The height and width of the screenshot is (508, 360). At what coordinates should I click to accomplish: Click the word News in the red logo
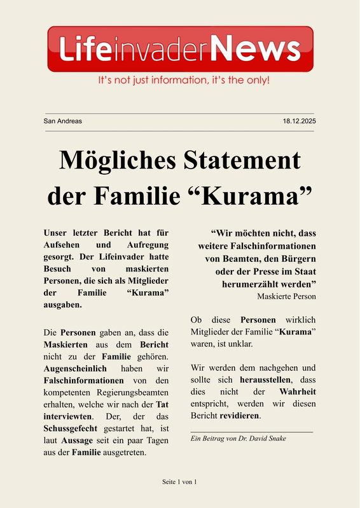click(x=256, y=48)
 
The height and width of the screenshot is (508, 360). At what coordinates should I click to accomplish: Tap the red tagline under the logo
click(x=183, y=81)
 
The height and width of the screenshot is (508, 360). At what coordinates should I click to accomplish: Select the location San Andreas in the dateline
click(x=62, y=121)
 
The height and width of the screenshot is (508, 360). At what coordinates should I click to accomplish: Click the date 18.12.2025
click(x=299, y=121)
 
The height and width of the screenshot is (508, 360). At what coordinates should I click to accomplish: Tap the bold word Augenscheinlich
click(x=77, y=369)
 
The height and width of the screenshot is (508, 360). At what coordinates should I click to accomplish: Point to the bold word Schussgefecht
click(x=71, y=429)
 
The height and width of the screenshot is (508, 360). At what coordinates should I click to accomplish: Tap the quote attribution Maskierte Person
click(x=286, y=296)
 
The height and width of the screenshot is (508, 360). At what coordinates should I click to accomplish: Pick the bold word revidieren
click(x=240, y=416)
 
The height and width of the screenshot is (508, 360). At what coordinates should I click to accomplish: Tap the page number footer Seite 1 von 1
click(x=179, y=483)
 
